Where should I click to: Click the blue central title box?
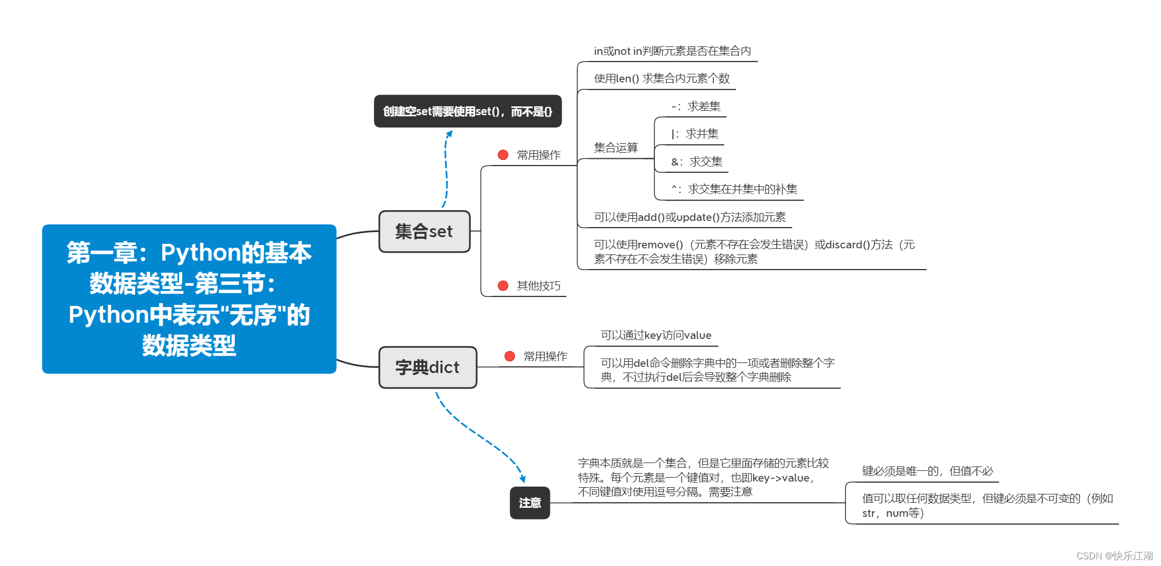pyautogui.click(x=189, y=299)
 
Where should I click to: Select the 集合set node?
pyautogui.click(x=424, y=232)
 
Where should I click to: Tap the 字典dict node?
pyautogui.click(x=428, y=367)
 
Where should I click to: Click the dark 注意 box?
pyautogui.click(x=530, y=503)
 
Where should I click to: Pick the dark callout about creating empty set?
pyautogui.click(x=468, y=111)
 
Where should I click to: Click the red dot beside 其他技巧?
pyautogui.click(x=503, y=286)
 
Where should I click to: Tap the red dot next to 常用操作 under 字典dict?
pyautogui.click(x=509, y=356)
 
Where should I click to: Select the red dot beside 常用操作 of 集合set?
pyautogui.click(x=503, y=155)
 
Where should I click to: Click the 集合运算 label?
pyautogui.click(x=616, y=148)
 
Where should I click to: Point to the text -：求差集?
pyautogui.click(x=696, y=106)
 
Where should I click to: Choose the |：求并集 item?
pyautogui.click(x=695, y=134)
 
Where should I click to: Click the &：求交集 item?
pyautogui.click(x=697, y=162)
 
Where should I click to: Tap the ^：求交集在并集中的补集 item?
pyautogui.click(x=734, y=189)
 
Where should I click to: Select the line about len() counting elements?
pyautogui.click(x=662, y=78)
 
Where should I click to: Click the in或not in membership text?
pyautogui.click(x=672, y=51)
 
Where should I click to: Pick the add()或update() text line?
pyautogui.click(x=690, y=217)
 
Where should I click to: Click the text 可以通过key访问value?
pyautogui.click(x=656, y=335)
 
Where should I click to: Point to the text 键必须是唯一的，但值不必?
pyautogui.click(x=927, y=471)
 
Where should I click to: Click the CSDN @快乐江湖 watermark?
pyautogui.click(x=1114, y=555)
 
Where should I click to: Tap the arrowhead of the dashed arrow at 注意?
pyautogui.click(x=523, y=479)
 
